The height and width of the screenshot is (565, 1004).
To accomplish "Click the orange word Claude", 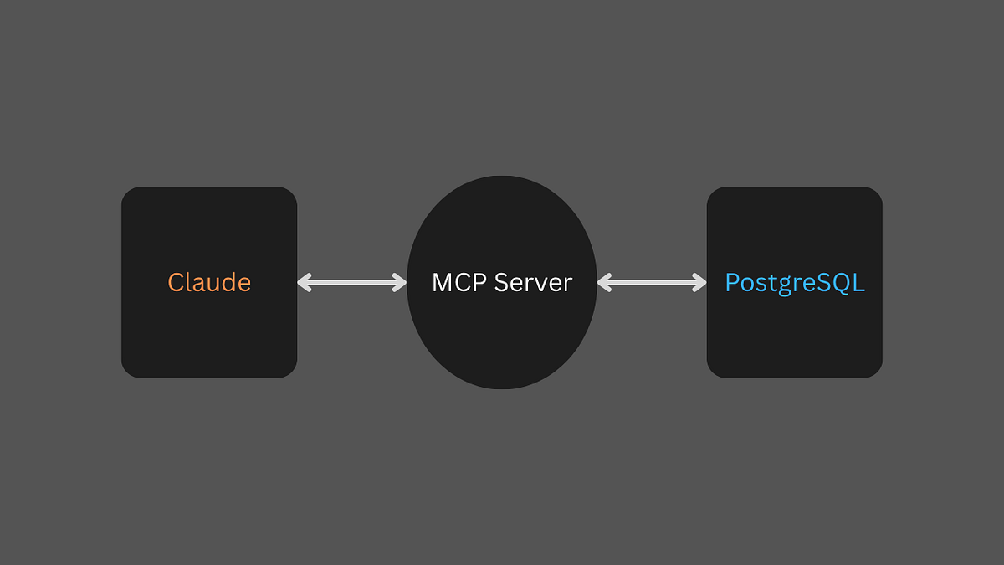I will click(209, 283).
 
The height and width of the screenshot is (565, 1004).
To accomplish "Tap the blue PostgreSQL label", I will click(795, 283).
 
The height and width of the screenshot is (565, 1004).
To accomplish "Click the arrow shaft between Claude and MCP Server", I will click(352, 283).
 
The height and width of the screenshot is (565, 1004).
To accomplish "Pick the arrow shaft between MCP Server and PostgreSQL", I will click(652, 283).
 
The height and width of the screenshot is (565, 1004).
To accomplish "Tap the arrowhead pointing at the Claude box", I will click(303, 283).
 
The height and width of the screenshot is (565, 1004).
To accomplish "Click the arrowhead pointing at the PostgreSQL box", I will click(701, 283).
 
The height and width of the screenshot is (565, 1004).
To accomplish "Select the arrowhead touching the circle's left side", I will click(401, 283).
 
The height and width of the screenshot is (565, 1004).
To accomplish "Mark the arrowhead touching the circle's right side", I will click(603, 283).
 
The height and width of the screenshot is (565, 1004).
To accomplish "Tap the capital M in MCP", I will click(442, 283).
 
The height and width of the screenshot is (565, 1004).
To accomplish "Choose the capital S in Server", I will click(500, 283).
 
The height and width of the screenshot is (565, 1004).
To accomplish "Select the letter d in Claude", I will click(225, 282).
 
